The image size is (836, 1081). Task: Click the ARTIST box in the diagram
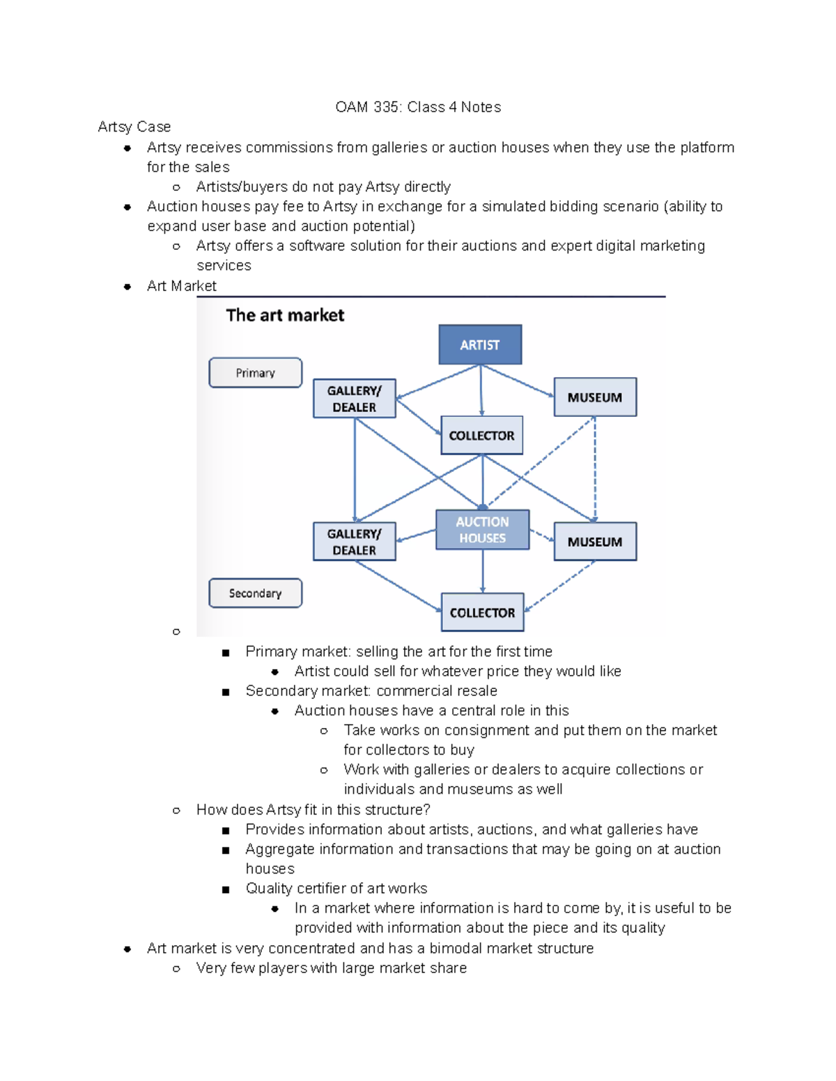(x=480, y=345)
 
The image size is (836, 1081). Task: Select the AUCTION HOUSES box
(x=482, y=530)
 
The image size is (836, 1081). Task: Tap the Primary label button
(x=255, y=372)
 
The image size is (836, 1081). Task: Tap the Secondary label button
(x=255, y=593)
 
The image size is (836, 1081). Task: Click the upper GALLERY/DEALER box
(x=354, y=398)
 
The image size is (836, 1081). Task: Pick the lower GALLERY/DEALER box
(x=354, y=542)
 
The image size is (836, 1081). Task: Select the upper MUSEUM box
(x=595, y=397)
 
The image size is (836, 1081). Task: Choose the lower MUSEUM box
(x=595, y=542)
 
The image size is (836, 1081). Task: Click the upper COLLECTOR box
(x=481, y=435)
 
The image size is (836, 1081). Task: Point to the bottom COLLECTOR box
(x=482, y=613)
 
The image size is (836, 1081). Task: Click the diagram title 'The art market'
(x=285, y=315)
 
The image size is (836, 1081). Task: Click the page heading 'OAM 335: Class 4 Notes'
(x=418, y=107)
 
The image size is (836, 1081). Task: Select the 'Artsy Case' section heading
(x=134, y=127)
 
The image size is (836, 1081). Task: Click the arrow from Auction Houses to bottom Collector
(x=483, y=571)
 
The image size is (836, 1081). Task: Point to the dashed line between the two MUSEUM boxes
(x=595, y=470)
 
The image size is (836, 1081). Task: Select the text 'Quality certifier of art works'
(x=336, y=888)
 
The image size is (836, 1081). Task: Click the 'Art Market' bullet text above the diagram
(x=181, y=286)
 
